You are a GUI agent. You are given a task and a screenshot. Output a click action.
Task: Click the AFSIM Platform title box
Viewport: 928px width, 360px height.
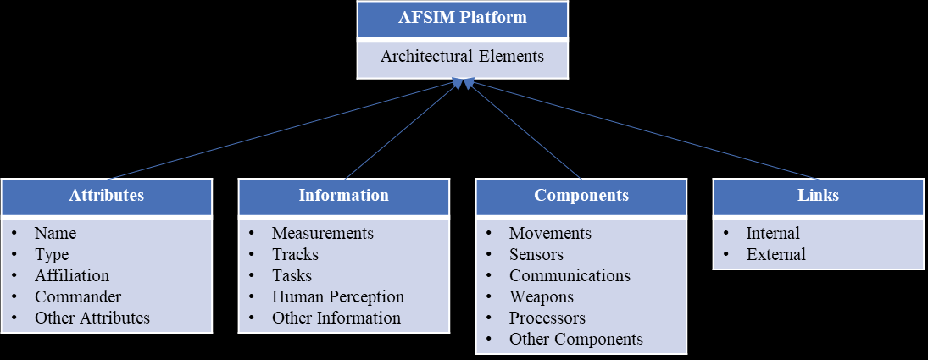pos(462,19)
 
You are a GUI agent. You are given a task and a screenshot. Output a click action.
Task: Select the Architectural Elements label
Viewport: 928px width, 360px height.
pos(462,58)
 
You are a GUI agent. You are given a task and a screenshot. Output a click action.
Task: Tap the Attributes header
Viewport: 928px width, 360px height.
pos(106,196)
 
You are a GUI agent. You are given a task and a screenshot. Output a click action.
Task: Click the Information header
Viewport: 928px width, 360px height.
pos(343,196)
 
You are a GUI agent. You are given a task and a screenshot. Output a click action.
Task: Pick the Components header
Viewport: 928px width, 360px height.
pos(581,196)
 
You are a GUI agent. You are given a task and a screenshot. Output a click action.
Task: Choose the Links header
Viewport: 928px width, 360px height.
pos(818,196)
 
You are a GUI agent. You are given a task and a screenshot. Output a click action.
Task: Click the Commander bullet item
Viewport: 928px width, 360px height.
pos(77,297)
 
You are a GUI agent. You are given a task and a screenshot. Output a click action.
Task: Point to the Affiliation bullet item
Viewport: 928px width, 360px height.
pos(71,276)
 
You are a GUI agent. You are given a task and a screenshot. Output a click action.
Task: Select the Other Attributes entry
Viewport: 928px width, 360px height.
pos(92,318)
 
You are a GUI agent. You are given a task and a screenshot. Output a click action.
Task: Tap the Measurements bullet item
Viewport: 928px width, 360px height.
pos(322,234)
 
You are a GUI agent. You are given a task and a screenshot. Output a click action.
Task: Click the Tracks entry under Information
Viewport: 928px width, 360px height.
pos(295,255)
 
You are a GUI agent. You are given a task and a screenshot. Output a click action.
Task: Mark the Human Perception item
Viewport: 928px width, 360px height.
pos(337,297)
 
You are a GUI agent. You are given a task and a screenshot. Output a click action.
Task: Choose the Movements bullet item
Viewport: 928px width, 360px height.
pos(550,234)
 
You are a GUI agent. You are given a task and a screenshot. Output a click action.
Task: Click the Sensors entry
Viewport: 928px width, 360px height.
pos(536,255)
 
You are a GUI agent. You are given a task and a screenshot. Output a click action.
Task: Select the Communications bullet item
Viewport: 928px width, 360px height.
pos(570,276)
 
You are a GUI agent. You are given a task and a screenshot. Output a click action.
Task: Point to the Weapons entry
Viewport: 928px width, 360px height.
pos(541,297)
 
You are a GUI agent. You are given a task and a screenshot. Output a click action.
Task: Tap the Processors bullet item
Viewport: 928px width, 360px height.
pos(547,318)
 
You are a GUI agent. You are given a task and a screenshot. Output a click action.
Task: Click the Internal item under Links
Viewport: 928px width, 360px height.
pos(773,234)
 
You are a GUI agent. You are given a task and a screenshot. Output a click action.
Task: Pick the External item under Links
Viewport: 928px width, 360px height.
pos(775,255)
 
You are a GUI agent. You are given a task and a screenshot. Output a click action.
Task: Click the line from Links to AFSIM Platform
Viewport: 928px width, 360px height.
pos(644,130)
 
